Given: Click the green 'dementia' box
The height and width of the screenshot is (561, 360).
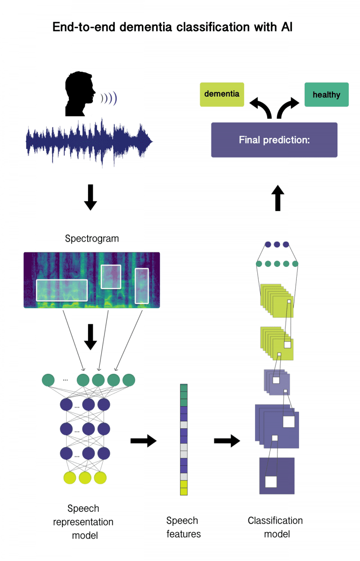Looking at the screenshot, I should [222, 94].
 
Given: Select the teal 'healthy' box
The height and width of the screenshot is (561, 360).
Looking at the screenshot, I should [326, 95].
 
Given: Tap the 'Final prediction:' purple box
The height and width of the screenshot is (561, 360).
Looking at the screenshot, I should [274, 140].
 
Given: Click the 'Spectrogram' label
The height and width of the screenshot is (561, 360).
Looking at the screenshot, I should [92, 239].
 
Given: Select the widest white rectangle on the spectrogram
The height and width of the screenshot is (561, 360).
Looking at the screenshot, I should [62, 290].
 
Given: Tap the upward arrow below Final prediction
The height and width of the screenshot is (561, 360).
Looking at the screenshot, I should [277, 197].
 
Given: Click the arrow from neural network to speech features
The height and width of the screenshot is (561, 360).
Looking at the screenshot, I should [143, 441].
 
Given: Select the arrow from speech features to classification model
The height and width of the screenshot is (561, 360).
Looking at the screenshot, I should [227, 441].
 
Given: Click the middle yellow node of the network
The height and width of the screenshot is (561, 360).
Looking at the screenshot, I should [85, 478].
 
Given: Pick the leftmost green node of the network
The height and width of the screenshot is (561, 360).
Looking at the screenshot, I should [48, 380].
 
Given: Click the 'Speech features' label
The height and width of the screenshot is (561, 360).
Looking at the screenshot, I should [182, 527].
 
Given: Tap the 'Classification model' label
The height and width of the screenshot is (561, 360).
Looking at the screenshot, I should [275, 527].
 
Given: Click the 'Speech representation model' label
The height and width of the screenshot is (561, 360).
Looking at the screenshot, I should [83, 522].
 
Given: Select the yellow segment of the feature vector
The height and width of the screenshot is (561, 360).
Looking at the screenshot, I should [183, 487].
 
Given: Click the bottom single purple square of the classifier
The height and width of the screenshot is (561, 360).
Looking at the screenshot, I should [277, 476].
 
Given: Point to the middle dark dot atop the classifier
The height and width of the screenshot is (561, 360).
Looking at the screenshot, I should [277, 244].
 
